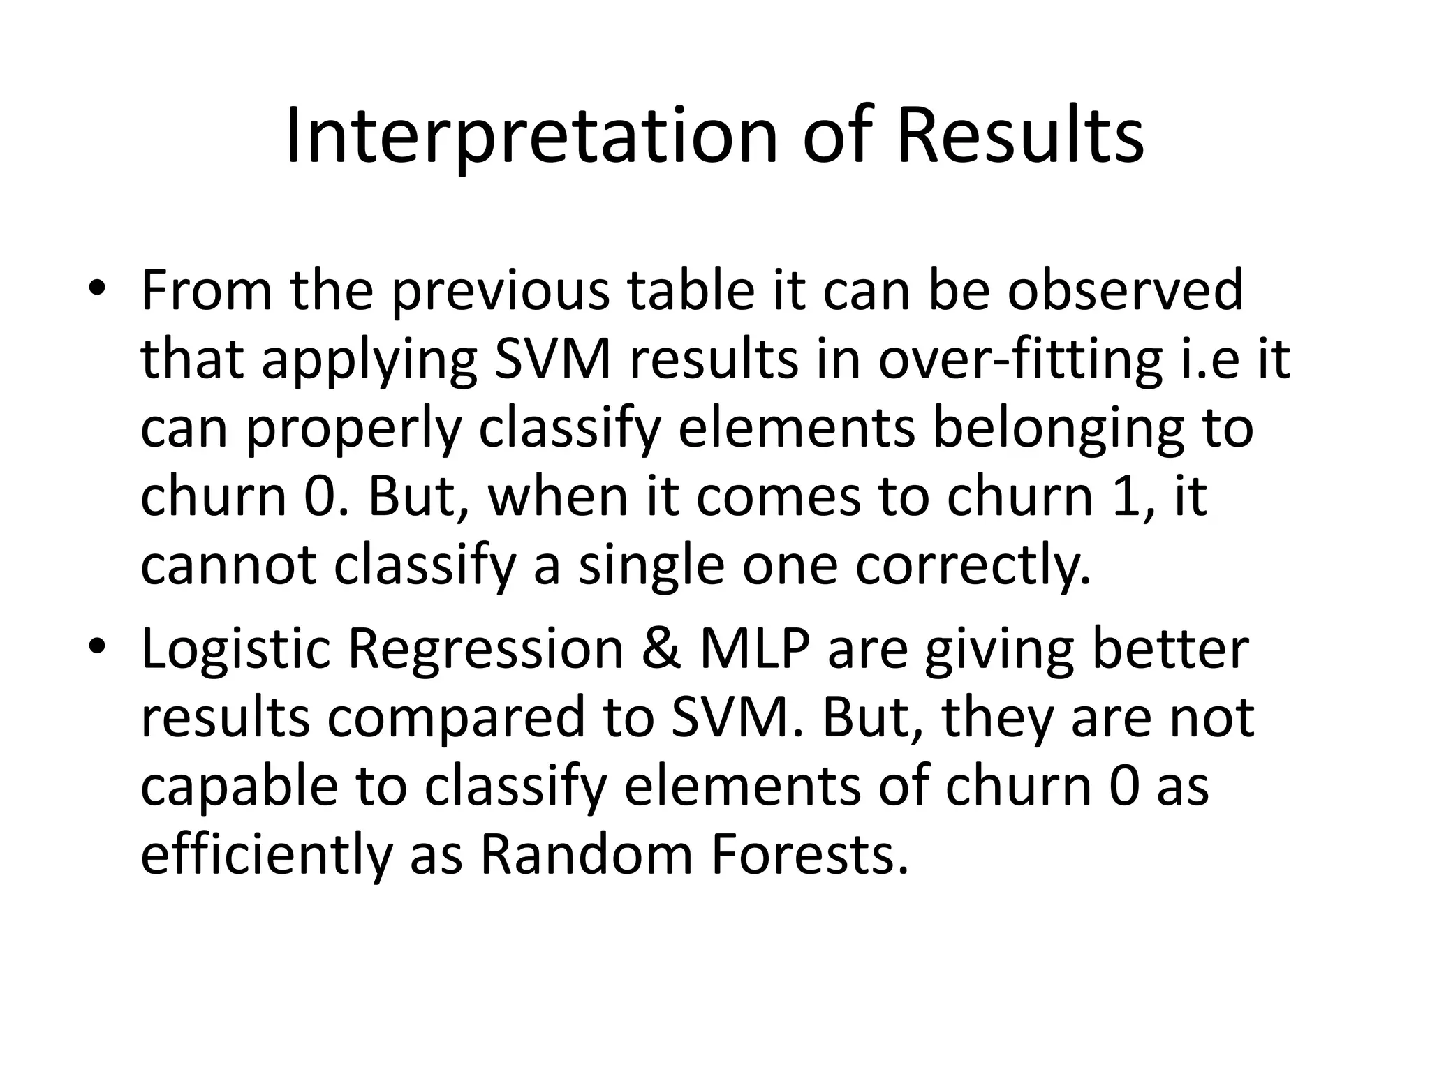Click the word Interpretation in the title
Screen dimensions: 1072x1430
pos(531,137)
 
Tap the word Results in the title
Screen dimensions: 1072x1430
pos(1019,137)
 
